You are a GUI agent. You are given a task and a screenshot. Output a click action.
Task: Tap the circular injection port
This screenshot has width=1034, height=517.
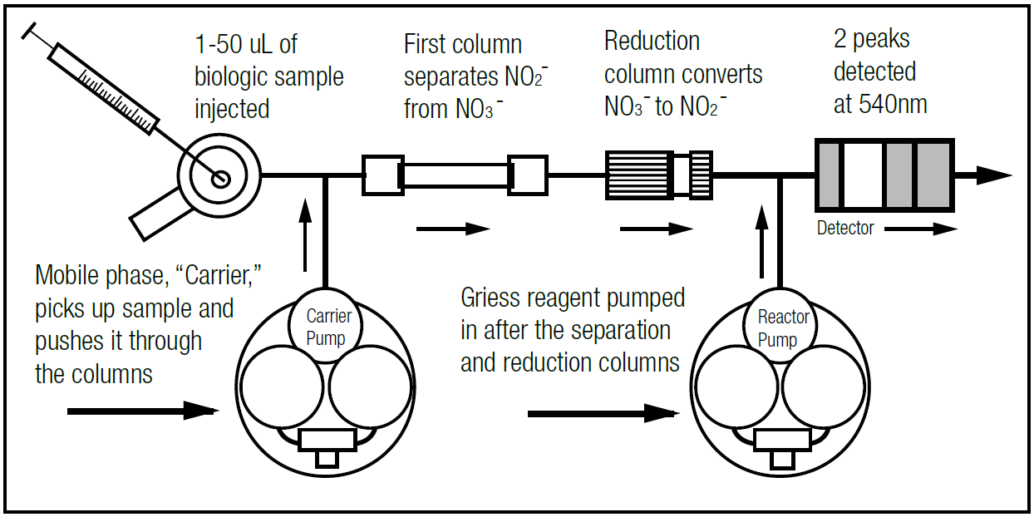tap(219, 176)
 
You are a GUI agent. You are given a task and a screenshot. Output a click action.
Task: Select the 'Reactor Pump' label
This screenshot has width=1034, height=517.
tap(783, 328)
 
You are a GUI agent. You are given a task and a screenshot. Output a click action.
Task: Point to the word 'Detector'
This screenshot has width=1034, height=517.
tap(845, 228)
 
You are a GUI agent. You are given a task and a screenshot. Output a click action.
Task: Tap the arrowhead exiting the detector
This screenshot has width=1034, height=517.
tap(992, 175)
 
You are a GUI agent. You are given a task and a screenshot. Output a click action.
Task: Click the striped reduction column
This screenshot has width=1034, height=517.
tap(639, 175)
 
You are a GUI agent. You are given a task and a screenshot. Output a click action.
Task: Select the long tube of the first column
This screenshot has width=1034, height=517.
tap(455, 176)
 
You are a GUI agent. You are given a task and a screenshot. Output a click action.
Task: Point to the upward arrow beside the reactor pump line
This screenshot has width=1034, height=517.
tap(761, 241)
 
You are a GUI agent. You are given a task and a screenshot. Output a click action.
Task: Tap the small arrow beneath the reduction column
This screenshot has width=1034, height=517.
tap(656, 229)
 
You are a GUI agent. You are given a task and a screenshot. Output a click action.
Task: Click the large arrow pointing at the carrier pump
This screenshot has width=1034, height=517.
tap(141, 410)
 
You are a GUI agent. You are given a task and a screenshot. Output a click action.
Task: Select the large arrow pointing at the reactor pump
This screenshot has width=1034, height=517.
tap(602, 412)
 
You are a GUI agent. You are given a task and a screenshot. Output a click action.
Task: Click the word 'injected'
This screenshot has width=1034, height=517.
tap(232, 109)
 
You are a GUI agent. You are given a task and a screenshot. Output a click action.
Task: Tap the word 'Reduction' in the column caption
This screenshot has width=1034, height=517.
tap(652, 41)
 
